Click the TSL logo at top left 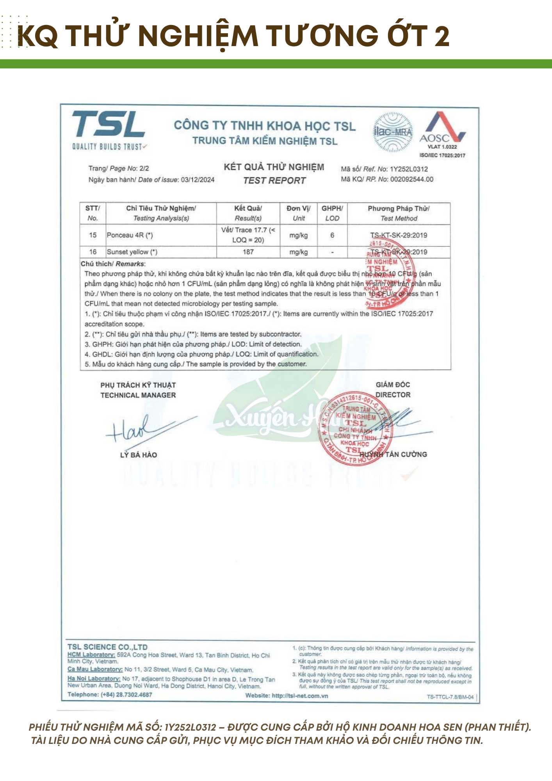coord(108,129)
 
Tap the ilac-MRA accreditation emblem coord(393,132)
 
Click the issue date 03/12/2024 coord(198,180)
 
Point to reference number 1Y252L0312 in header coord(409,169)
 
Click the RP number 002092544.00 coord(412,179)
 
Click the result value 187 coord(248,252)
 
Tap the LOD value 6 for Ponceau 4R coord(332,235)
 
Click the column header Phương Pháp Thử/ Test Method coord(399,213)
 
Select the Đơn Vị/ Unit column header coord(299,213)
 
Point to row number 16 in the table coord(93,252)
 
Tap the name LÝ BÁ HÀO coord(139,455)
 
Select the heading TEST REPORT coord(274,180)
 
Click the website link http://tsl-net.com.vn coord(300,695)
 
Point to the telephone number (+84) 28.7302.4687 coord(126,694)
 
